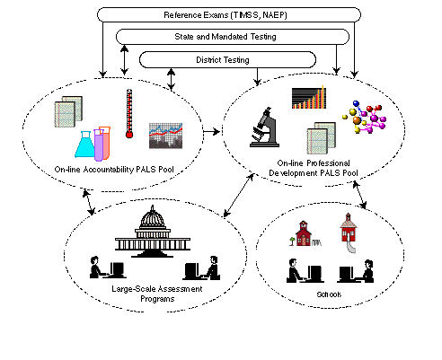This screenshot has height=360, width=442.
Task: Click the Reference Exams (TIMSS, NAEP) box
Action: (229, 15)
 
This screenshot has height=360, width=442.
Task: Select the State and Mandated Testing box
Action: (233, 37)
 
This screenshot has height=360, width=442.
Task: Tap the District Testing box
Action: (227, 60)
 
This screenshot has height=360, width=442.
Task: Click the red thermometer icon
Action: (129, 113)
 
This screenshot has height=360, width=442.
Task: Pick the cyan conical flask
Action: (85, 145)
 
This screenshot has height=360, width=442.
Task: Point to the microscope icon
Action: (264, 127)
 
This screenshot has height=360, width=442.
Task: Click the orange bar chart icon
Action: (309, 98)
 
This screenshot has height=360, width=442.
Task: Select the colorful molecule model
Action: (364, 117)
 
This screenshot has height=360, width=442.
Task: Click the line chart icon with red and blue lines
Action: (165, 136)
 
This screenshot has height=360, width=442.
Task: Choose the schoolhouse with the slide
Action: (349, 233)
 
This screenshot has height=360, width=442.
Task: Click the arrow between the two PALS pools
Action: (212, 131)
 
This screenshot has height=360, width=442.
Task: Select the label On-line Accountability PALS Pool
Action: (114, 170)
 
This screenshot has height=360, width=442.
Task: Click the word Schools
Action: (329, 294)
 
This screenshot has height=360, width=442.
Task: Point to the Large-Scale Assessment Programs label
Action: (157, 294)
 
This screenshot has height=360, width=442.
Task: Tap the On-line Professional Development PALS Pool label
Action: (314, 168)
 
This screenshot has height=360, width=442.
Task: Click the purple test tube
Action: (99, 145)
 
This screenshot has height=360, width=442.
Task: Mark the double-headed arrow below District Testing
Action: (171, 79)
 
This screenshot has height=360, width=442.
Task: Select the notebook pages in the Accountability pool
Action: (68, 111)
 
